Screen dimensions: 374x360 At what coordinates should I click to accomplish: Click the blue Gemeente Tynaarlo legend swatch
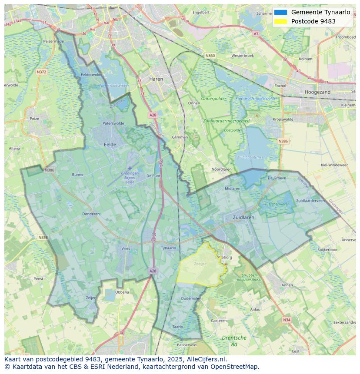coord(280,12)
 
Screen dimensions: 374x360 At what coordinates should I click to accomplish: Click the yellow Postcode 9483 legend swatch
coord(280,21)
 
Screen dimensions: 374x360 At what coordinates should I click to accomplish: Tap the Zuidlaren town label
coord(243,217)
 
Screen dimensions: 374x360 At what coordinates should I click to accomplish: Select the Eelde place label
coord(110,145)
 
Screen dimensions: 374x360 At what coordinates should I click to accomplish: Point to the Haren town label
coord(156,79)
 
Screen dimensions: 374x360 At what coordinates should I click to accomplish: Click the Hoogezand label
coord(317,92)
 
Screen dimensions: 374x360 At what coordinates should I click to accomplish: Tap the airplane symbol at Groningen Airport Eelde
coord(130,168)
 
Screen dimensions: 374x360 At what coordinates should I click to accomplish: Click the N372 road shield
coord(41,72)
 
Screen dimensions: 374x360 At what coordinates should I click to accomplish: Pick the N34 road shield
coord(286,320)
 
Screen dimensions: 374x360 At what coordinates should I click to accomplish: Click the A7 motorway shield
coord(256,33)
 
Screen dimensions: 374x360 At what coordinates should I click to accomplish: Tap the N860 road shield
coord(210,56)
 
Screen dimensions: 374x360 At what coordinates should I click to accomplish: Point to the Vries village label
coord(126,248)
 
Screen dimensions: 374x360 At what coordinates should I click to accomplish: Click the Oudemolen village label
coord(191,298)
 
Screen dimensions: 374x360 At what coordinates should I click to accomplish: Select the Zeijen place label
coord(91,298)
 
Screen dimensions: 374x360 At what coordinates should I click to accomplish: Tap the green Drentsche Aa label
coord(234,341)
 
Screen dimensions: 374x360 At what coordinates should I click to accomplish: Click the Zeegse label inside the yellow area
coord(200,264)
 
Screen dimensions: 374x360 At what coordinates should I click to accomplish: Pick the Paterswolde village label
coord(113,123)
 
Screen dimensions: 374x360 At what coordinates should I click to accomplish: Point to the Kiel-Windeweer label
coord(334,165)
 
